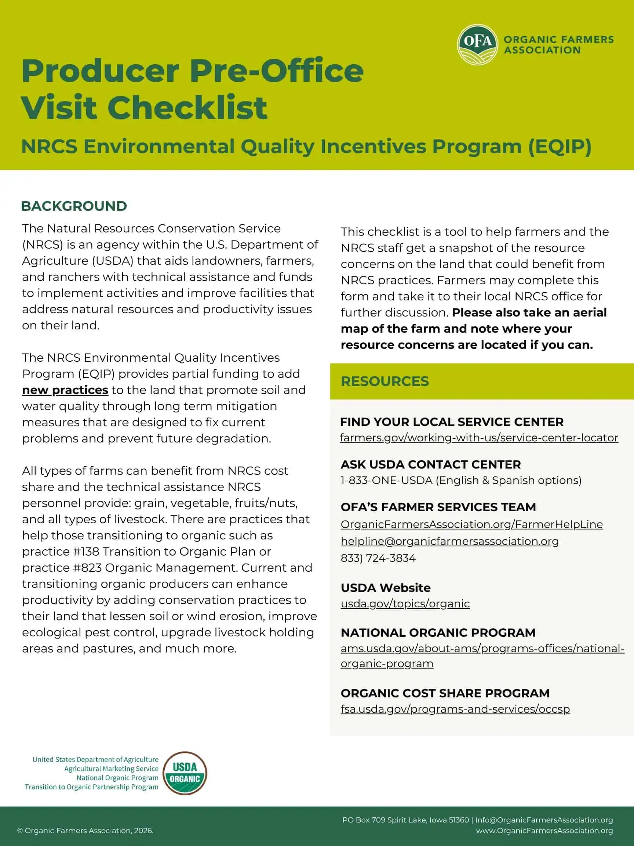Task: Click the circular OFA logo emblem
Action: tap(477, 45)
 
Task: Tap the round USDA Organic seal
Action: tap(185, 773)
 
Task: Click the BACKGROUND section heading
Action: tap(74, 206)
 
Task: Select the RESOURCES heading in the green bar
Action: tap(385, 381)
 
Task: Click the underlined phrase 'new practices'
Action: tap(65, 390)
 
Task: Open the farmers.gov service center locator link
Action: tap(479, 438)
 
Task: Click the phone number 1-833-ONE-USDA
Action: tap(386, 480)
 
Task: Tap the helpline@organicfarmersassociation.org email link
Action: tap(449, 541)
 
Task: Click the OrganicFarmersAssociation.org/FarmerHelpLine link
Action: tap(471, 524)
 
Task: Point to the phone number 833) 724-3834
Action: tap(378, 558)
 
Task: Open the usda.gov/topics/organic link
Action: tap(405, 604)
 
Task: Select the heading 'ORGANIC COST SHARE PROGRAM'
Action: tap(445, 693)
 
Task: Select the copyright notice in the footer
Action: tap(85, 831)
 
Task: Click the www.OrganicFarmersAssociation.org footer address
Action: tap(544, 831)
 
